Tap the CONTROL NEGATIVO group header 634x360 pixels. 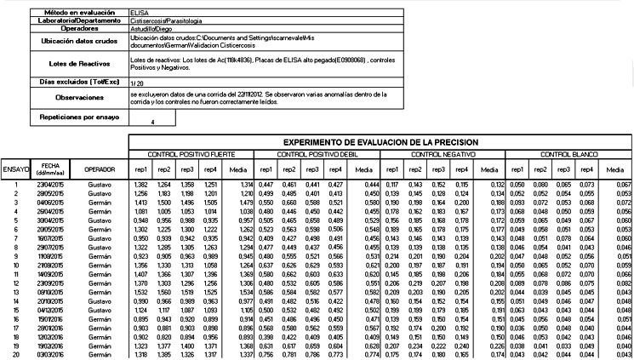(439, 154)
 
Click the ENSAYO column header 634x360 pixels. (14, 169)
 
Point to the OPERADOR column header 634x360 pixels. (99, 169)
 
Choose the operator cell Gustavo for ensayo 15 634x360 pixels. (99, 311)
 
